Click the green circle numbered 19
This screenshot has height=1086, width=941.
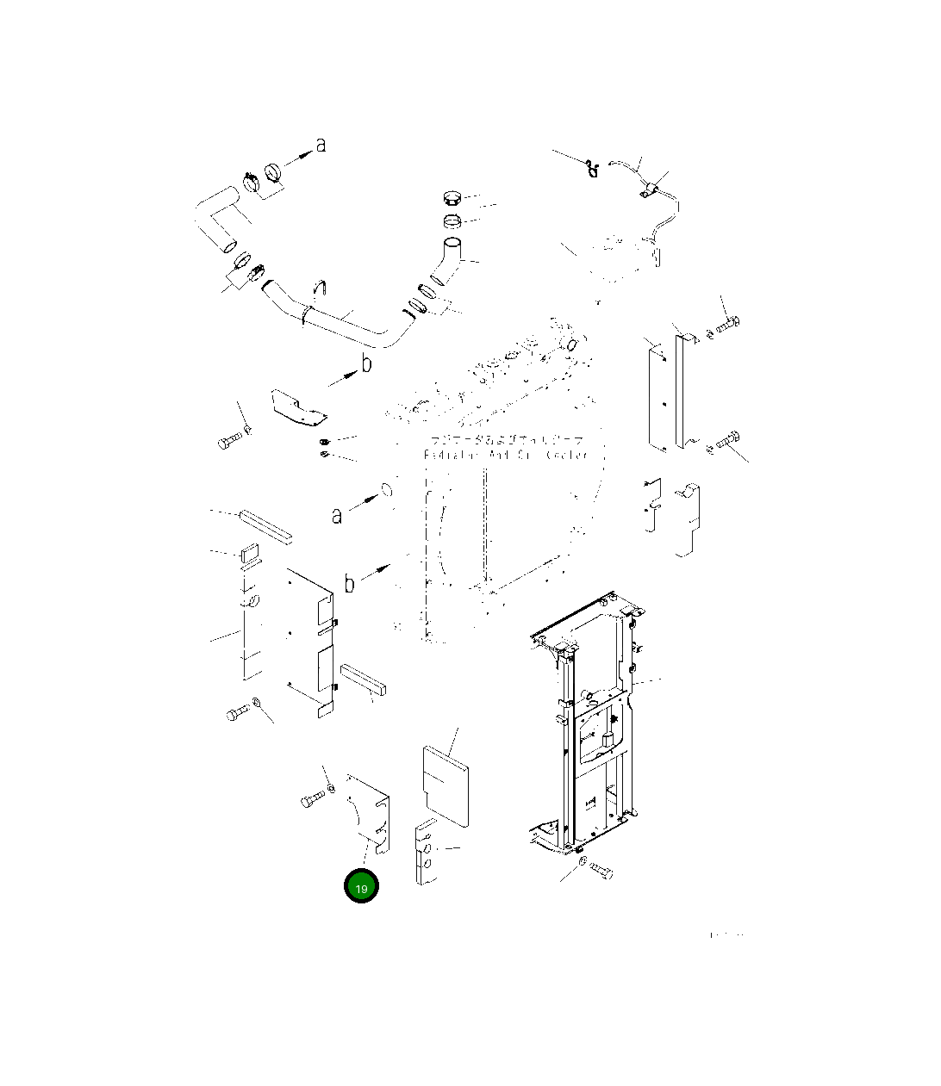pos(361,888)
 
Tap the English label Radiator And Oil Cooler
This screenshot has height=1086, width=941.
pos(506,455)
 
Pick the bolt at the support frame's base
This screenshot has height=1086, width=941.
pos(601,872)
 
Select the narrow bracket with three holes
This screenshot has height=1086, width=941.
pos(425,853)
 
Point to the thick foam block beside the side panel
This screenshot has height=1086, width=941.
pos(365,679)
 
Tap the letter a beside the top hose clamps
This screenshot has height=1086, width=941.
pos(321,145)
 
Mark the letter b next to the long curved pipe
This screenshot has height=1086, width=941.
pos(366,364)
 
